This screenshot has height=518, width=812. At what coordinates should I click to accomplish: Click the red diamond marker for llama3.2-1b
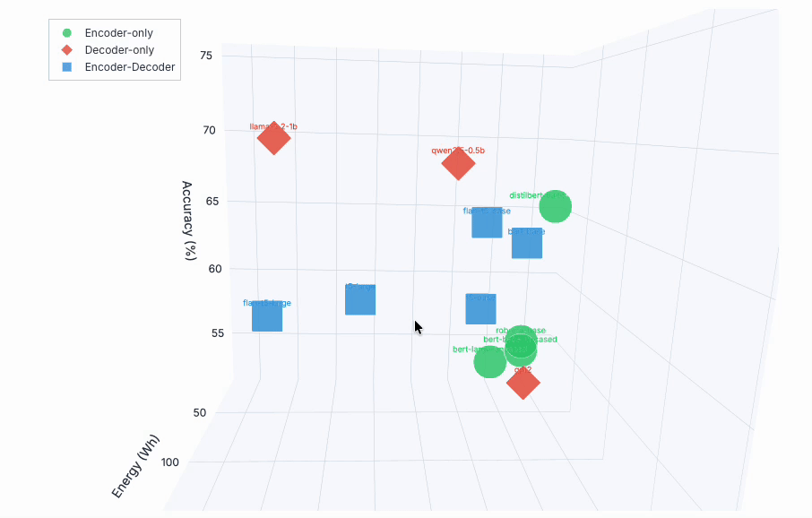273,138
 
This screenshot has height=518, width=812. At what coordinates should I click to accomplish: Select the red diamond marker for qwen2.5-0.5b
458,163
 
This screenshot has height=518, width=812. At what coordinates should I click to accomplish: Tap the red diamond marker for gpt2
523,383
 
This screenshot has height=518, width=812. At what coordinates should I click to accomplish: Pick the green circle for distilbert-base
556,206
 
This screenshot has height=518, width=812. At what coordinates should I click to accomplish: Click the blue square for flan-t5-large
267,316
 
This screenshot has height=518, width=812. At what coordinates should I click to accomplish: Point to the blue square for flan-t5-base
487,222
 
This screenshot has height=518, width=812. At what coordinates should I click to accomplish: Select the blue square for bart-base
527,243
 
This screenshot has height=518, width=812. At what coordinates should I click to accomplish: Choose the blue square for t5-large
360,299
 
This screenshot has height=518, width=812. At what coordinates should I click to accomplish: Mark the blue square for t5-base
481,309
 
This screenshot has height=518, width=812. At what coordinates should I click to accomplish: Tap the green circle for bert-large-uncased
489,362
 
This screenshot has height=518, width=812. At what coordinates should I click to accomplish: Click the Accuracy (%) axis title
188,220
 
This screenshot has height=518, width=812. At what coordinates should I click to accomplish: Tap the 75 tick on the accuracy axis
206,56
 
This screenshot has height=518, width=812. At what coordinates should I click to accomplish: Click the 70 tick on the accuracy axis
209,130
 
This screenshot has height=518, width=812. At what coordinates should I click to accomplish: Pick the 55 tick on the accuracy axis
220,332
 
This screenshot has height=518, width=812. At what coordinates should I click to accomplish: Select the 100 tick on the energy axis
170,462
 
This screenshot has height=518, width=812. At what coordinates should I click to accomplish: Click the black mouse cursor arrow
418,327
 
